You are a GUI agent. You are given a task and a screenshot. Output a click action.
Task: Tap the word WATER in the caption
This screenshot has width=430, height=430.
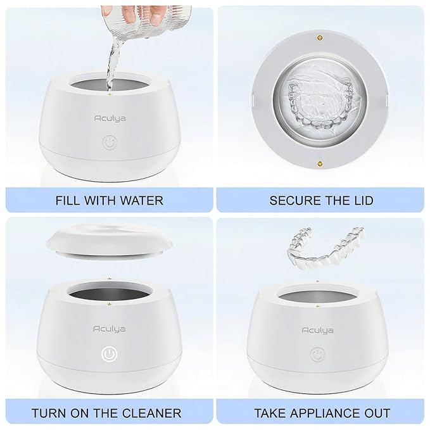[142, 201]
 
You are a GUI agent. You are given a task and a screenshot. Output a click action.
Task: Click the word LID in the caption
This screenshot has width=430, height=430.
[361, 201]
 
